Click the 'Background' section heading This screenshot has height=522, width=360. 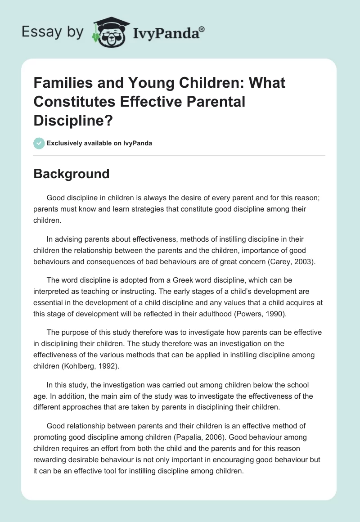click(x=71, y=174)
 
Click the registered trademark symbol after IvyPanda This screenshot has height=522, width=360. click(x=202, y=29)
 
